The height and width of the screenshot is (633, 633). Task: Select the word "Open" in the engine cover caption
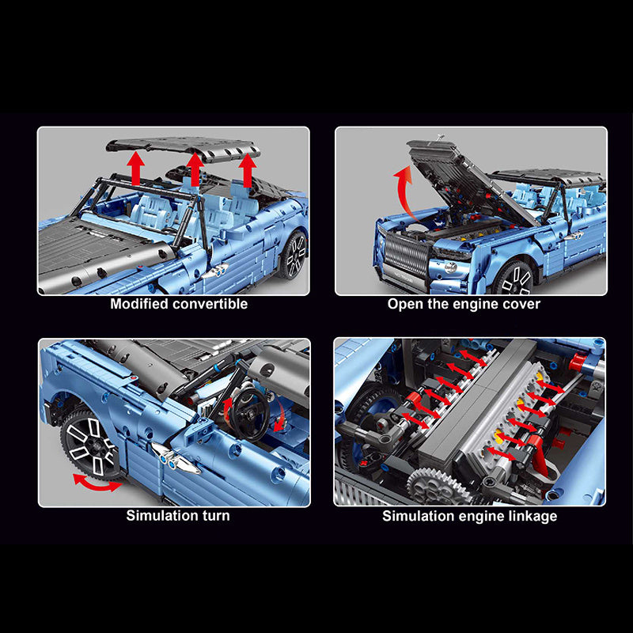coord(404,304)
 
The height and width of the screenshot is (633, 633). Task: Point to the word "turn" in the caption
coord(214,516)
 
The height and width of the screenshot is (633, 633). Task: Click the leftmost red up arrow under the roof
coord(137,169)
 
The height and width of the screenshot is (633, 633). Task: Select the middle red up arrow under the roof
coord(195,169)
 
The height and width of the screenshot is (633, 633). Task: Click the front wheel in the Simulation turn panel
coord(89,444)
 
